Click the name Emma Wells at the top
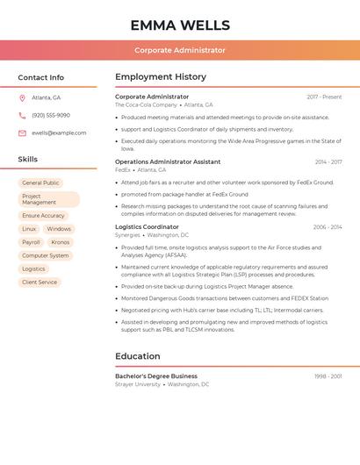(179, 25)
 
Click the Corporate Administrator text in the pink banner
(179, 51)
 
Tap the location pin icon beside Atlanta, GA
(22, 98)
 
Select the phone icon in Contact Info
(22, 116)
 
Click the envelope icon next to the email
(22, 133)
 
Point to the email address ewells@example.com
(59, 133)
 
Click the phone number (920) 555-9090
(51, 116)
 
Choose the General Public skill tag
(40, 183)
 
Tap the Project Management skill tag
(48, 199)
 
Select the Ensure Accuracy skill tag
(43, 216)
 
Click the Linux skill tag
(29, 229)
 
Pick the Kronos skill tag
(61, 242)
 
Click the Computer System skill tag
(46, 255)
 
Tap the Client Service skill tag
(40, 283)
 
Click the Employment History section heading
(161, 77)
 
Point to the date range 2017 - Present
(324, 97)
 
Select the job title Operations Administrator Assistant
(168, 162)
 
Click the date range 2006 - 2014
(327, 227)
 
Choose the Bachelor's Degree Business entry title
(156, 376)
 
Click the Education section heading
(138, 356)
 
